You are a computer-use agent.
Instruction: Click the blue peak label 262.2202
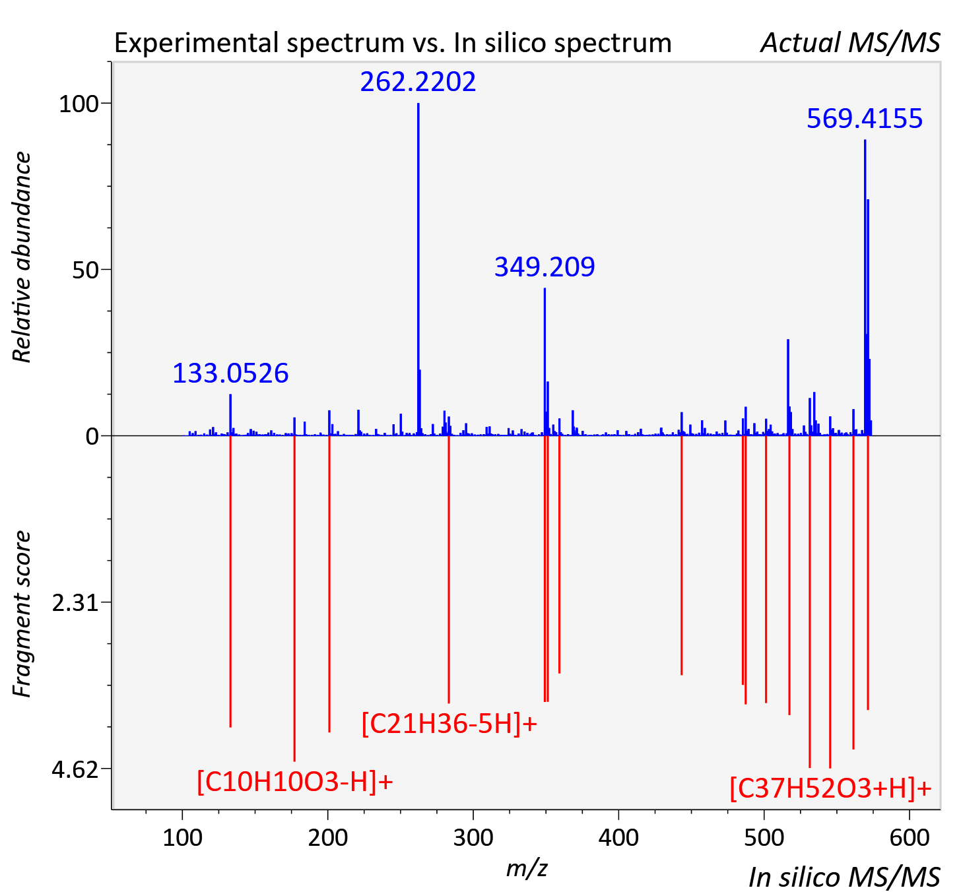[x=418, y=82]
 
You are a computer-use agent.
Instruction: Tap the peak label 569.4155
[x=864, y=119]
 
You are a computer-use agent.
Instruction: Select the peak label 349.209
[x=545, y=267]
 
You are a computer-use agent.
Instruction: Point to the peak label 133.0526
[x=230, y=373]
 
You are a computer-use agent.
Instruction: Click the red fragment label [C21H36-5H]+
[x=449, y=724]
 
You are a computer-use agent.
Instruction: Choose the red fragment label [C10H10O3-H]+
[x=294, y=782]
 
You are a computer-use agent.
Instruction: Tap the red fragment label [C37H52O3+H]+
[x=830, y=788]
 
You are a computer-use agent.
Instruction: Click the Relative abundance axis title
[x=22, y=257]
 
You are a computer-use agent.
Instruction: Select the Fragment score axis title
[x=22, y=614]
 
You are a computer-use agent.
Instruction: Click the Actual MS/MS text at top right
[x=850, y=43]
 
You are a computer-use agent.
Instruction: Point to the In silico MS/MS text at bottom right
[x=844, y=877]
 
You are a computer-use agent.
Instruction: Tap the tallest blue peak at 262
[x=418, y=269]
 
